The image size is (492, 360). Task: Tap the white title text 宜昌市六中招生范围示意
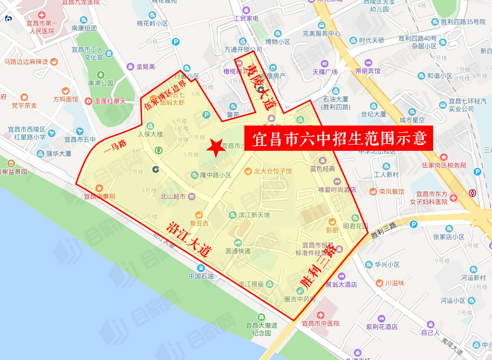coord(339,139)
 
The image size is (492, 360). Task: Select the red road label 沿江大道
coord(189,239)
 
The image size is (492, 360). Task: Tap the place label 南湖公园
coord(101,83)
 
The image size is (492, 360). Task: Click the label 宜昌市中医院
coord(320,324)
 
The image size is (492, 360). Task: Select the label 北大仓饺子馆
coord(273,171)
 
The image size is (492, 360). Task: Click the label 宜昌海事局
coord(99,196)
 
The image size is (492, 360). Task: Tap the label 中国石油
coord(201,277)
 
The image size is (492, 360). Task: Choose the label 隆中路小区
coord(216,175)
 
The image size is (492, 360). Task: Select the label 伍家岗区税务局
coord(444,165)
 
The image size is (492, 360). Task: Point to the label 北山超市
coord(173,197)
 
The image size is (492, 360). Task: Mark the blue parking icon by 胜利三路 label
coord(414,224)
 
